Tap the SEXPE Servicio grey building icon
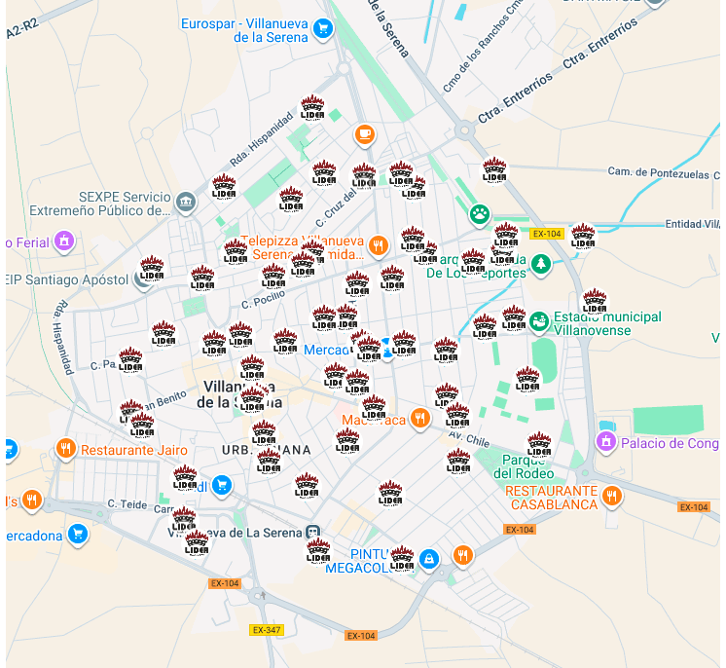pyautogui.click(x=185, y=202)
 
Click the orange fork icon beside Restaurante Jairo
pyautogui.click(x=66, y=449)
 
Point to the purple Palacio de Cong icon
pyautogui.click(x=605, y=443)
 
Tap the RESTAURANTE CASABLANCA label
pyautogui.click(x=551, y=498)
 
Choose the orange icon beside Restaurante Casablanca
pyautogui.click(x=612, y=497)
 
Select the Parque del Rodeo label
pyautogui.click(x=528, y=466)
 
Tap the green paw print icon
pyautogui.click(x=480, y=213)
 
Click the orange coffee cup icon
pyautogui.click(x=364, y=134)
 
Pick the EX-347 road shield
pyautogui.click(x=266, y=630)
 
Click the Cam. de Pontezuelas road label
pyautogui.click(x=661, y=171)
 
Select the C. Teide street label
pyautogui.click(x=127, y=503)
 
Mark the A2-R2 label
pyautogui.click(x=22, y=32)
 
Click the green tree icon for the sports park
pyautogui.click(x=541, y=263)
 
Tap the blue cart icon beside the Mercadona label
pyautogui.click(x=78, y=534)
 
